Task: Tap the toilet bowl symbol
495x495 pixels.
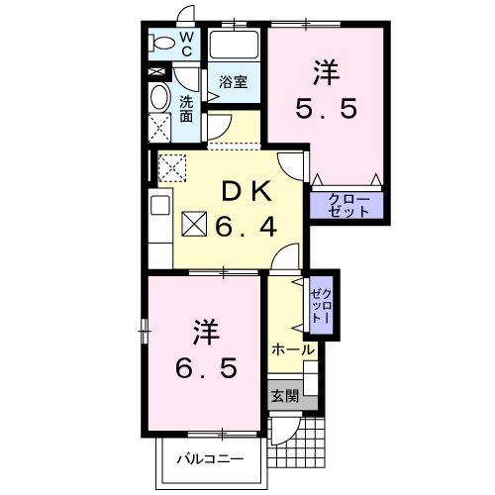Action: click(158, 44)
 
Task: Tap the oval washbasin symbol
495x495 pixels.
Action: click(159, 97)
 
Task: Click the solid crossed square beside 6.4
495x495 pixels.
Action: click(194, 227)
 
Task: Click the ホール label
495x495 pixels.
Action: click(292, 349)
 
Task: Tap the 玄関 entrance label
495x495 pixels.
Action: click(284, 394)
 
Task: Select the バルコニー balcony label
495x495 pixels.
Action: click(209, 458)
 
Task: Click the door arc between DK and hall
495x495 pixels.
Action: click(285, 259)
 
